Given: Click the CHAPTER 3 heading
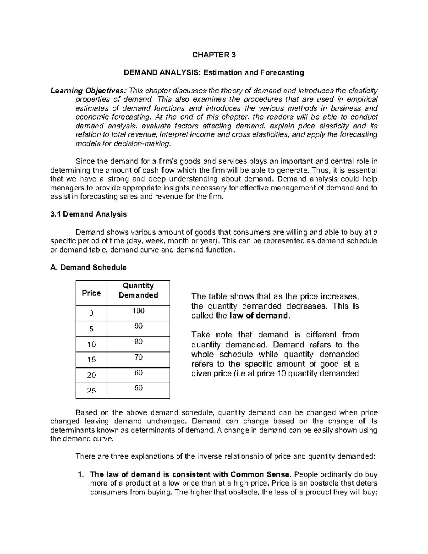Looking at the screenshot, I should [x=214, y=55].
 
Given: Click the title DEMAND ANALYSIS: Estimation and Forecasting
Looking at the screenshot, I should [x=214, y=73].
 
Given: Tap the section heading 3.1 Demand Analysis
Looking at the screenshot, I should [x=89, y=214].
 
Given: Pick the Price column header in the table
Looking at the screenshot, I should [x=91, y=293].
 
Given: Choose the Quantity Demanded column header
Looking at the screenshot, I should [x=138, y=290].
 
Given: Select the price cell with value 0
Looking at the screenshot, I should [x=91, y=313].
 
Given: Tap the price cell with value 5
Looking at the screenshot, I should [x=91, y=329].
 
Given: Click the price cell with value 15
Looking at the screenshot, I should [x=91, y=360].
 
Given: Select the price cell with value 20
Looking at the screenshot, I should [x=91, y=375].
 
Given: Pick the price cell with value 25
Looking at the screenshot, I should [x=91, y=391].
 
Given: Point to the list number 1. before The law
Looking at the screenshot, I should [x=80, y=474].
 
